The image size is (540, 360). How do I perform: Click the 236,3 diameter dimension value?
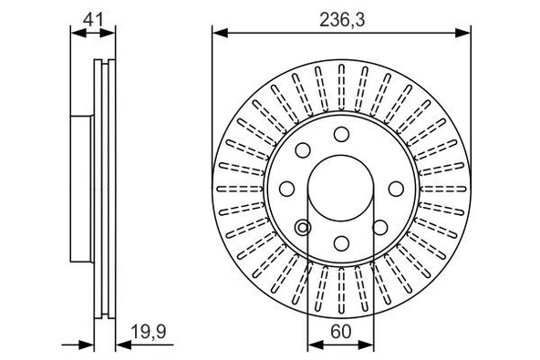pos(340,17)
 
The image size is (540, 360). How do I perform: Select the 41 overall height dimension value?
pos(94,16)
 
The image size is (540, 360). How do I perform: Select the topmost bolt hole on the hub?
pos(340,135)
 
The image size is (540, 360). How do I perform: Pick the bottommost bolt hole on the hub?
pos(340,242)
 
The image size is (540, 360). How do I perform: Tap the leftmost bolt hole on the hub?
pos(286,189)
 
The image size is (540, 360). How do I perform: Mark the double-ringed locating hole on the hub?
pos(303,227)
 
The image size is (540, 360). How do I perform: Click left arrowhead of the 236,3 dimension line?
pos(220,34)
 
